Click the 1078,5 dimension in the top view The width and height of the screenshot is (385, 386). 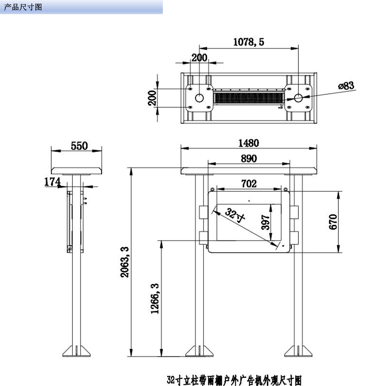click(x=248, y=42)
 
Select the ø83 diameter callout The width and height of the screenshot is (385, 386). click(x=346, y=86)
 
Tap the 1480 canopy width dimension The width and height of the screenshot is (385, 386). click(x=249, y=143)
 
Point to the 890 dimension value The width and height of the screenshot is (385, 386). click(x=249, y=158)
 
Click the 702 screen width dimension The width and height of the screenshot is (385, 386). click(x=249, y=184)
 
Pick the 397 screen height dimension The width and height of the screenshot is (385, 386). click(x=265, y=222)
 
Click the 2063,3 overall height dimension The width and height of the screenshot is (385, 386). click(x=125, y=262)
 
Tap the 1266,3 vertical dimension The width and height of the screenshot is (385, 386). click(x=155, y=299)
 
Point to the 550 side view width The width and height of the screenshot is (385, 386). click(x=79, y=146)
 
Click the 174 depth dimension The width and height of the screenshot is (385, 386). click(x=52, y=182)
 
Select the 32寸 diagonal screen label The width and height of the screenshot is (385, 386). click(x=235, y=215)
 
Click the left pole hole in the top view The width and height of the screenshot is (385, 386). click(x=199, y=98)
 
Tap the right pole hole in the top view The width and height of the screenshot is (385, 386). click(x=298, y=98)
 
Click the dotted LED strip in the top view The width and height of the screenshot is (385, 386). click(x=249, y=98)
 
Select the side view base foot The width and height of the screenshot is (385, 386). click(x=76, y=351)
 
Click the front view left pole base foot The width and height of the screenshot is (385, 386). click(x=199, y=351)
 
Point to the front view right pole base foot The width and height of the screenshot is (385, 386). click(x=298, y=351)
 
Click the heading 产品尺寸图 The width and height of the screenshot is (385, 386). click(x=23, y=7)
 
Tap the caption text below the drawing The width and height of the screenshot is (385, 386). click(x=234, y=380)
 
